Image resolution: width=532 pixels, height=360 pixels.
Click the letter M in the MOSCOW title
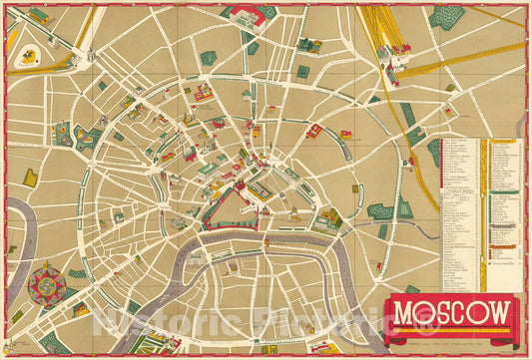point(404,313)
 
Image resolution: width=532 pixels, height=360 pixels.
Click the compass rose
point(46,283)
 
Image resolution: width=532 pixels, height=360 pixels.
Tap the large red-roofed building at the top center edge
point(245,14)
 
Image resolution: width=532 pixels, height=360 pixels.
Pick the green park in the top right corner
point(446,17)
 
